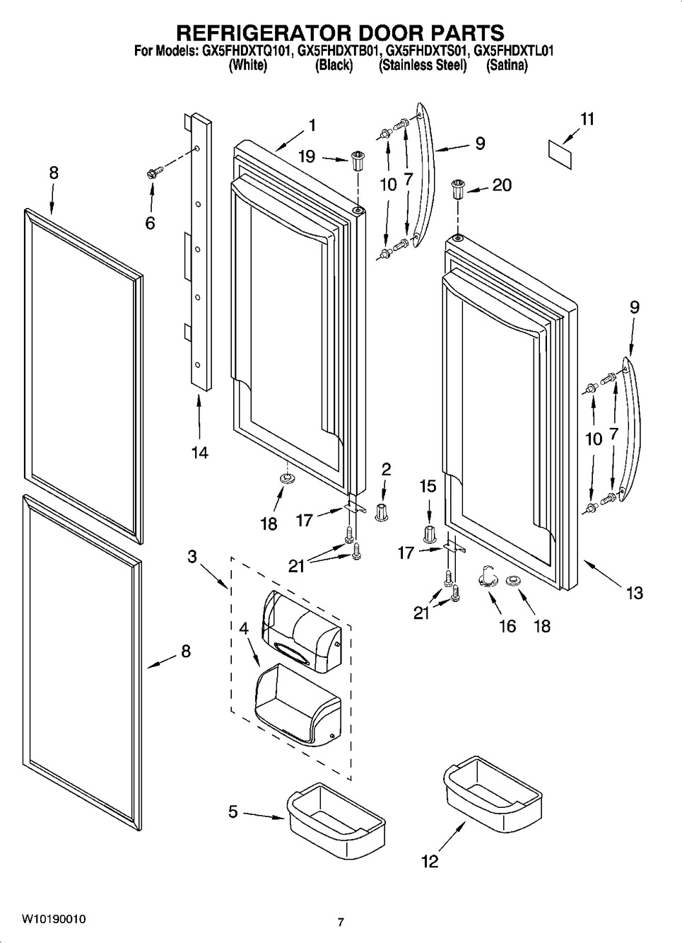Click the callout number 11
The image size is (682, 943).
pyautogui.click(x=587, y=119)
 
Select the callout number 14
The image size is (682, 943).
pyautogui.click(x=199, y=452)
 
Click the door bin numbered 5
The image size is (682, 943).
pyautogui.click(x=336, y=816)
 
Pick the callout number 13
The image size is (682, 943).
pyautogui.click(x=634, y=592)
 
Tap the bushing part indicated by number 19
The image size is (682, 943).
pyautogui.click(x=357, y=161)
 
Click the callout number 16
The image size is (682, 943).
pyautogui.click(x=507, y=625)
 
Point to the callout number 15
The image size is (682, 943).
pyautogui.click(x=428, y=487)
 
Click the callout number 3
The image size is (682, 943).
pyautogui.click(x=192, y=556)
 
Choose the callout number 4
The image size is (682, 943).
pyautogui.click(x=242, y=627)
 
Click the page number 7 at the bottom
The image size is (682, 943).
pyautogui.click(x=341, y=922)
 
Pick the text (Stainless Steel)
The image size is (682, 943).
pyautogui.click(x=423, y=66)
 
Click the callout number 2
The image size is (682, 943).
pyautogui.click(x=386, y=468)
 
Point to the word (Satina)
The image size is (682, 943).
pyautogui.click(x=507, y=66)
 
